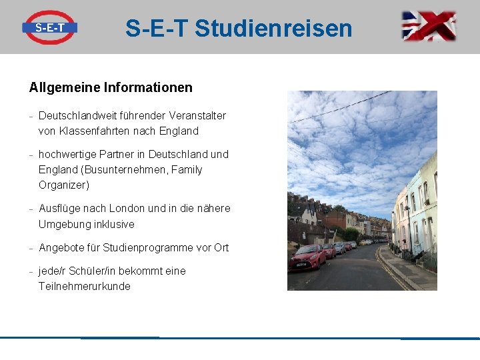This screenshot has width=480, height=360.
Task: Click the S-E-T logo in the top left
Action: click(49, 27)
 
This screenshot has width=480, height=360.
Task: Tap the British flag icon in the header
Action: click(429, 27)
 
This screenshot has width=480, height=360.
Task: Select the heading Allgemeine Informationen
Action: click(111, 87)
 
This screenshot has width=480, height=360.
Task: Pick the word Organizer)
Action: click(64, 185)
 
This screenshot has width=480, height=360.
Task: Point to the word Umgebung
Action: click(64, 224)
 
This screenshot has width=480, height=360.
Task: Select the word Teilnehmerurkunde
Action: click(84, 286)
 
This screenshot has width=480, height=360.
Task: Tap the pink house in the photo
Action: click(402, 220)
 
